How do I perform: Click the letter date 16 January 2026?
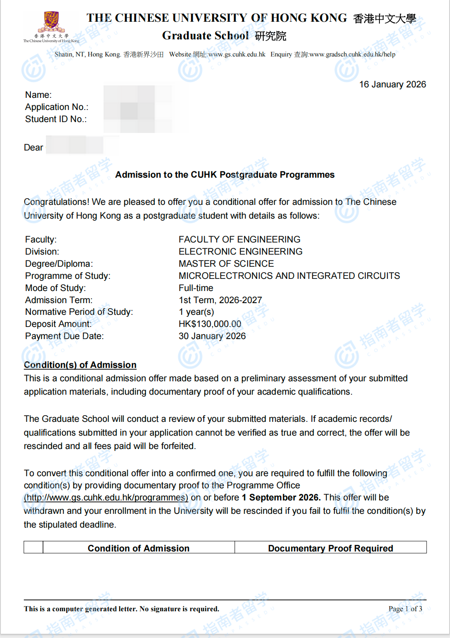(x=392, y=84)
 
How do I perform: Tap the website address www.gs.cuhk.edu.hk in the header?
(x=237, y=54)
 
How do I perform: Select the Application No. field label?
(x=57, y=107)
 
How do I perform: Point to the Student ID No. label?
(x=56, y=119)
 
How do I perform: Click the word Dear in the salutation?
(x=33, y=148)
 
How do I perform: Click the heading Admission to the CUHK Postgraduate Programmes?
(x=225, y=175)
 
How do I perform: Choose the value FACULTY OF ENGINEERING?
(x=239, y=240)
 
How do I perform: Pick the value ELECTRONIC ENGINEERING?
(x=240, y=252)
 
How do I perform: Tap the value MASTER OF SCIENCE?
(x=226, y=264)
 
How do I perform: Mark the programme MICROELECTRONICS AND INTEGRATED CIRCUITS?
(x=289, y=276)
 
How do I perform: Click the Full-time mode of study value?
(x=196, y=288)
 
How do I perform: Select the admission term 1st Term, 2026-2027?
(x=220, y=300)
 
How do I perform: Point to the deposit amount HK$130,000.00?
(x=210, y=324)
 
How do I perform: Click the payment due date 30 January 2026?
(x=212, y=336)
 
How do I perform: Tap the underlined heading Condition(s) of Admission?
(x=80, y=365)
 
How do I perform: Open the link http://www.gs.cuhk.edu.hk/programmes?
(x=106, y=498)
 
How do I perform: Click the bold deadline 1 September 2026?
(x=281, y=498)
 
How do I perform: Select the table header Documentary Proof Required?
(x=330, y=548)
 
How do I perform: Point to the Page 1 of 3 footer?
(x=405, y=609)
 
